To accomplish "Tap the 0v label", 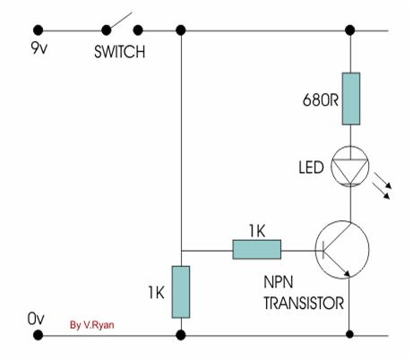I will pos(37,318).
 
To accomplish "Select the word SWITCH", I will pos(120,52).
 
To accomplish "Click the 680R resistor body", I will pos(350,96).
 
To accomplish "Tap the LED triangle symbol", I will pos(350,167).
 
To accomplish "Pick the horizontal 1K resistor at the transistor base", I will pos(256,250).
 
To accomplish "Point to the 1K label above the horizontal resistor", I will pos(255,230).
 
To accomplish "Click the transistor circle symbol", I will pos(342,250).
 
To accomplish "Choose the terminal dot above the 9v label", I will pos(37,30).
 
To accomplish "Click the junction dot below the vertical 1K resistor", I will pos(180,336).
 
